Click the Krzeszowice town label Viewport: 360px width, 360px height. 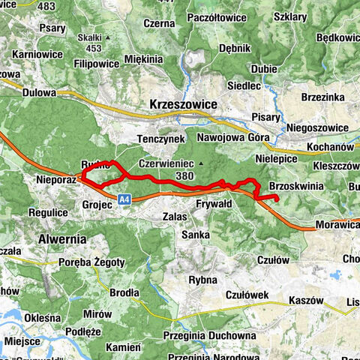[183, 104]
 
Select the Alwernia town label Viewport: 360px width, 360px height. [62, 238]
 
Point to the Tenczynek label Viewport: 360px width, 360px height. [160, 139]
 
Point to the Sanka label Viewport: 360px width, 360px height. [194, 235]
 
